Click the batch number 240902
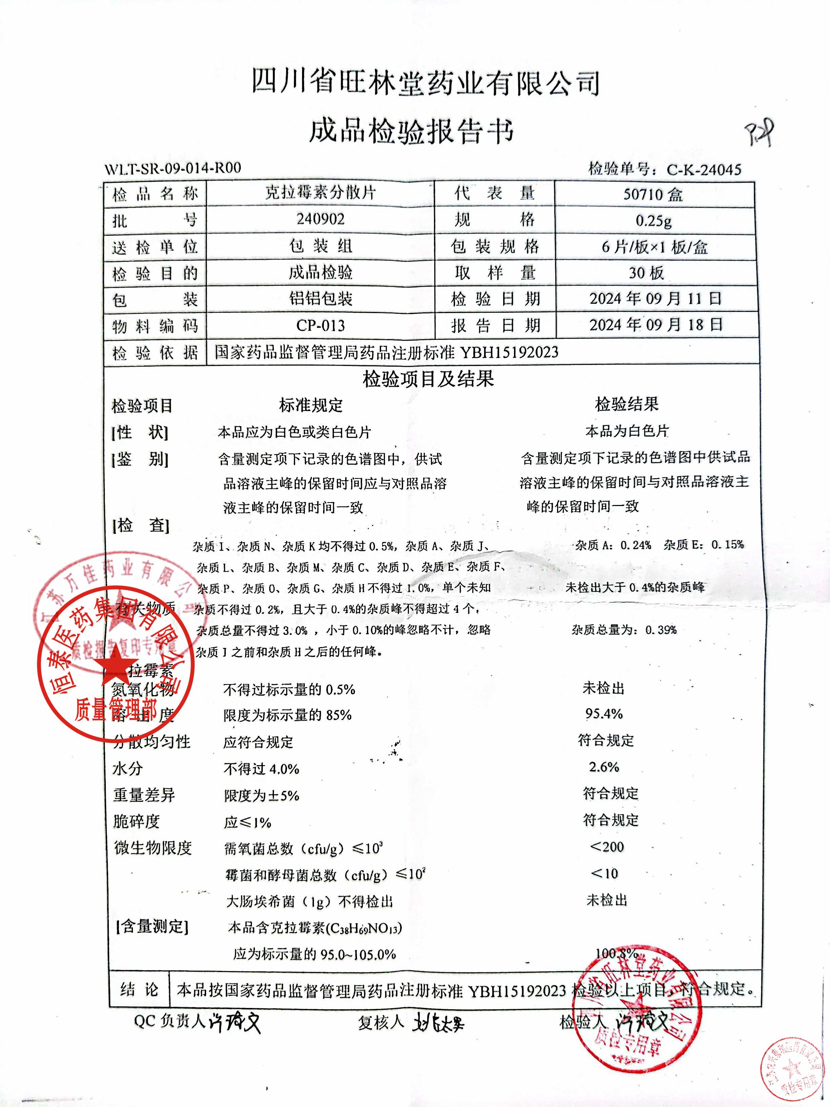(x=320, y=219)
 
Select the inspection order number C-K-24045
(x=704, y=170)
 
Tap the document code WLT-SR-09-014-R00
(x=173, y=168)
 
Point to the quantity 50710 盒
(x=653, y=194)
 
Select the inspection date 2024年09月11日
(x=655, y=299)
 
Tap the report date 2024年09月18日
(x=655, y=325)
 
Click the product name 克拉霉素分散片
(x=320, y=193)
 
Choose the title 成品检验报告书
(x=411, y=131)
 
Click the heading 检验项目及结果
(x=428, y=379)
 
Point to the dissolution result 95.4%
(x=604, y=714)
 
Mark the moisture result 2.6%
(x=604, y=767)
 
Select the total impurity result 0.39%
(x=661, y=630)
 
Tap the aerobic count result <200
(x=607, y=847)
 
